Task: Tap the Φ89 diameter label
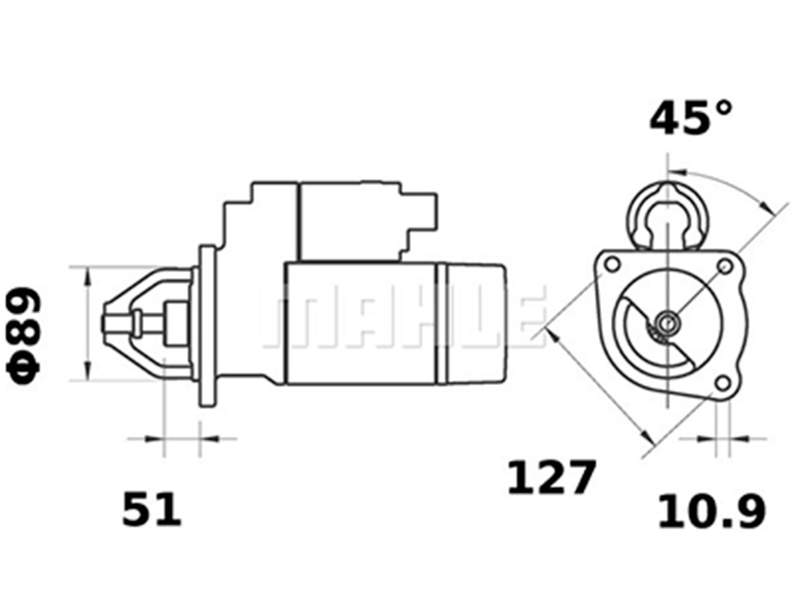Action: point(27,334)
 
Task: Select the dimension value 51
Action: point(152,510)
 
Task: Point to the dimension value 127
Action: point(551,478)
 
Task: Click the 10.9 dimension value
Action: point(712,511)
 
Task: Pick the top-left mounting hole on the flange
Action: point(612,264)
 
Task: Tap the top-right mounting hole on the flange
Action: point(725,265)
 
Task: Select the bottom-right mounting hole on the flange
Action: point(724,382)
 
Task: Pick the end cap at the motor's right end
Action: point(475,323)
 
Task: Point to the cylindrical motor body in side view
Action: point(361,323)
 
